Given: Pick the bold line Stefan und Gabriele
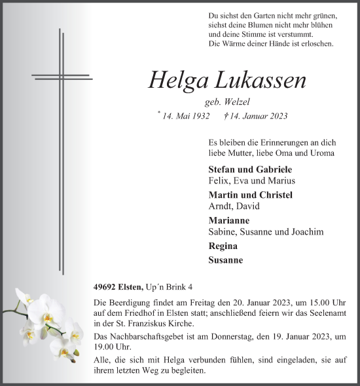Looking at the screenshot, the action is [x=241, y=168].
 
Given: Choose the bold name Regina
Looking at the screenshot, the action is [x=223, y=246].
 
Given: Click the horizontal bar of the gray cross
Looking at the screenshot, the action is [x=62, y=77].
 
